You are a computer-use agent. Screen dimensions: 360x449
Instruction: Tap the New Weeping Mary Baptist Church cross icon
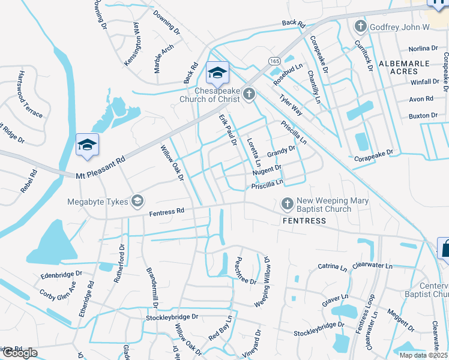286,203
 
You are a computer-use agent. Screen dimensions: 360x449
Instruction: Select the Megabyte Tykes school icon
137,200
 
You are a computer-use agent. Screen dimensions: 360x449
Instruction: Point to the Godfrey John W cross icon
360,26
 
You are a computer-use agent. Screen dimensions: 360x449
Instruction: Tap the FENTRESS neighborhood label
304,221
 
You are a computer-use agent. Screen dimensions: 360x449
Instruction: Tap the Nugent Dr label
267,172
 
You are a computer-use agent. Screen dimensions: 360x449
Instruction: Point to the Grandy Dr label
282,154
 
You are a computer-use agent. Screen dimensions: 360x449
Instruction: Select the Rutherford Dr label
117,264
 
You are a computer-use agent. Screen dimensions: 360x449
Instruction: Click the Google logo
20,353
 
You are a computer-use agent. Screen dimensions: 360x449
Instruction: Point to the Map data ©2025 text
423,355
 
